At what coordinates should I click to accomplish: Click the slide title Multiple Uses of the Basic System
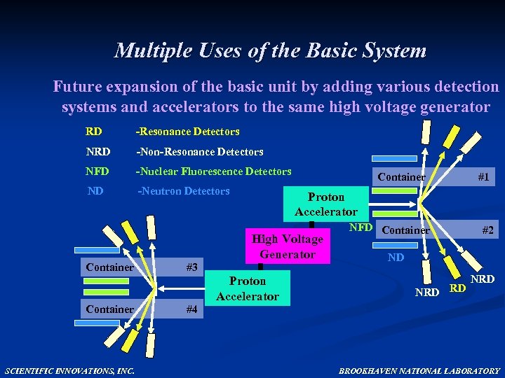[x=270, y=51]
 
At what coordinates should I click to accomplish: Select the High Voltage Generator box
[x=288, y=246]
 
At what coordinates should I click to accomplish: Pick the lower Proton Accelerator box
[x=248, y=288]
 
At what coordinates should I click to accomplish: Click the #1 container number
[x=483, y=177]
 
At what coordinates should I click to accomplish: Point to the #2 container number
[x=487, y=230]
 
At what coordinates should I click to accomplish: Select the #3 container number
[x=191, y=267]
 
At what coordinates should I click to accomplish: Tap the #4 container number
[x=191, y=309]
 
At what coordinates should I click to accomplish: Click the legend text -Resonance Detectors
[x=187, y=132]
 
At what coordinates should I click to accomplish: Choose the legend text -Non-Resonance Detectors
[x=199, y=151]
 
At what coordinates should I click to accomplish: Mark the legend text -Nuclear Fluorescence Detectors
[x=213, y=171]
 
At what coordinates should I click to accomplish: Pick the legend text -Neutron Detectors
[x=183, y=191]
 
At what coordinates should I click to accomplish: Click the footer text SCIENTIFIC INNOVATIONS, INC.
[x=70, y=370]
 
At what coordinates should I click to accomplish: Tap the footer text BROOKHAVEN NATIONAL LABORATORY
[x=419, y=370]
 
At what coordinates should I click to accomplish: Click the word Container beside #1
[x=401, y=177]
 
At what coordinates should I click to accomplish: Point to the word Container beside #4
[x=109, y=309]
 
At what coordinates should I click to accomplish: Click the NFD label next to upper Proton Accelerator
[x=361, y=227]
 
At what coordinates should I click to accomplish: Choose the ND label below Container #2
[x=396, y=258]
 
